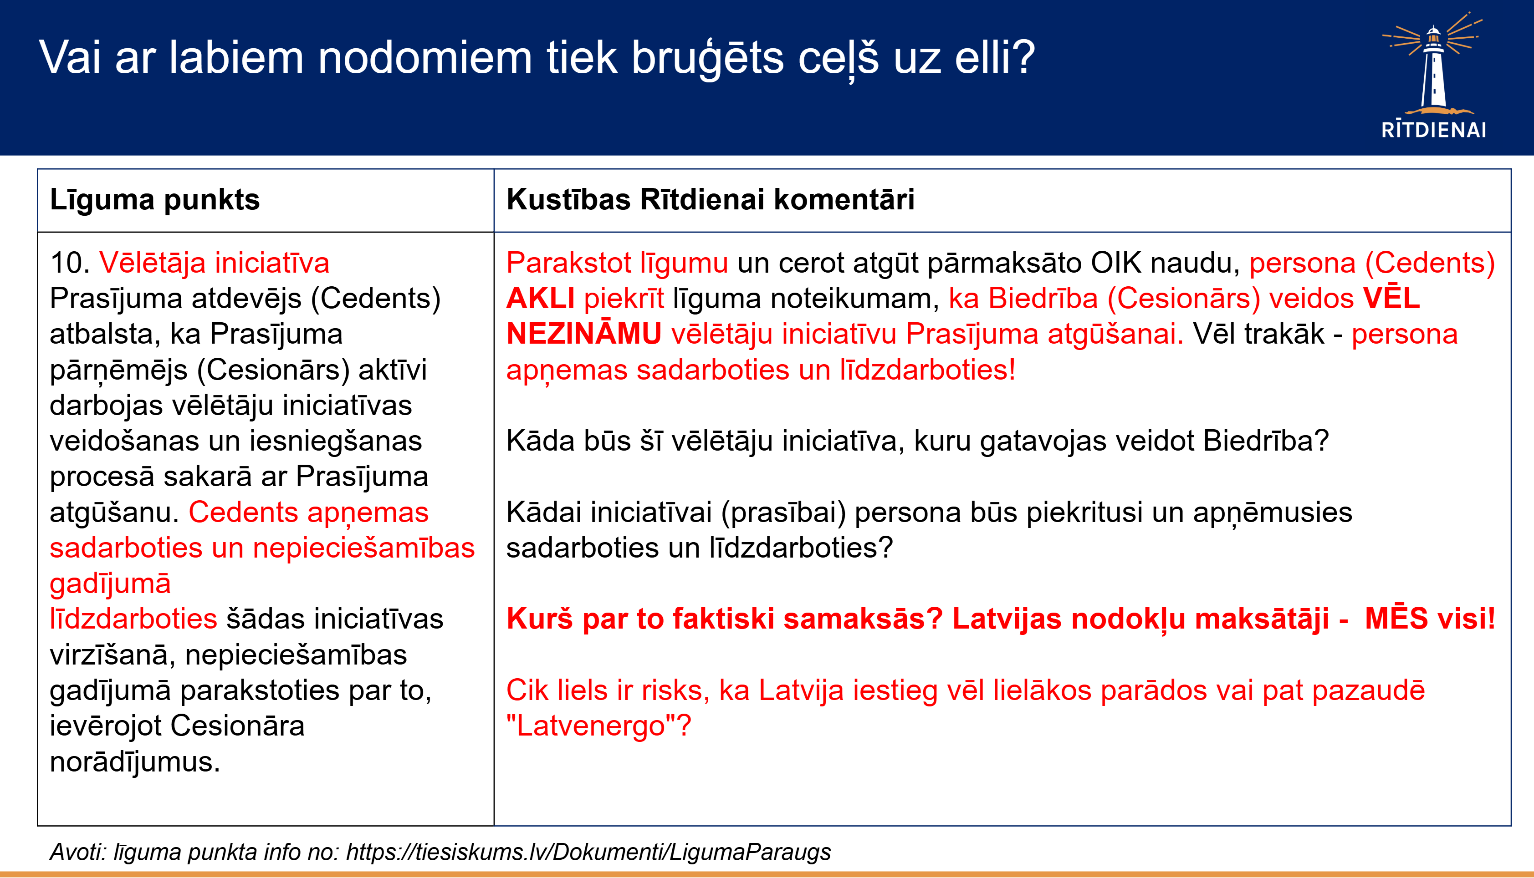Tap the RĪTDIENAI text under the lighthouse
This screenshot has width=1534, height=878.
click(1434, 130)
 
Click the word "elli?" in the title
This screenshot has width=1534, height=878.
click(995, 58)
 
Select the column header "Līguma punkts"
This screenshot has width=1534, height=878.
click(154, 200)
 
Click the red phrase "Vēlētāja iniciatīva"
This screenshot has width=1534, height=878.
click(214, 263)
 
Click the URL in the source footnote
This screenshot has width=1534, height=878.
click(588, 852)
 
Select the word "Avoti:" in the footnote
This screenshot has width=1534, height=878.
click(78, 852)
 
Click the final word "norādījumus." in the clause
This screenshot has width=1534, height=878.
click(135, 761)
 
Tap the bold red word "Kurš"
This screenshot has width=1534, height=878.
click(539, 619)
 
